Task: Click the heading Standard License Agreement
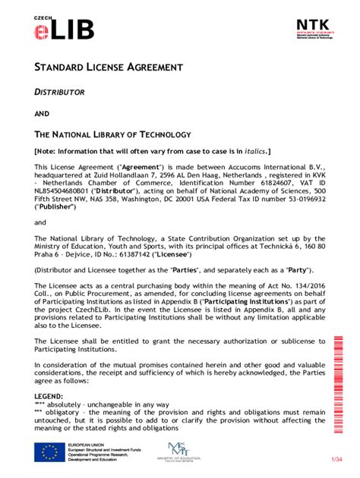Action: point(108,68)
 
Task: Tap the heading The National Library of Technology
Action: point(106,134)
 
